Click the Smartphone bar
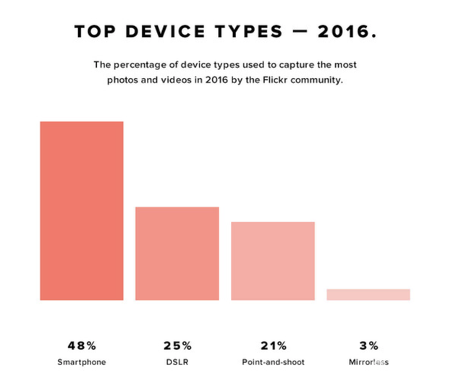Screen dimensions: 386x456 click(82, 210)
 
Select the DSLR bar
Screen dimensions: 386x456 click(177, 253)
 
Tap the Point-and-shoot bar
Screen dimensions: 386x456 click(273, 260)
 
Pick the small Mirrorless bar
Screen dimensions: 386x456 click(368, 294)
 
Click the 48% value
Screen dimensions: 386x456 click(82, 344)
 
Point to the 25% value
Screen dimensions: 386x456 click(177, 344)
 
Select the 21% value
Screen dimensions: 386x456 click(273, 344)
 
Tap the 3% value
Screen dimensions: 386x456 click(368, 344)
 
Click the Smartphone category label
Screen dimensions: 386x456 click(82, 361)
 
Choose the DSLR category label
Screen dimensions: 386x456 click(177, 361)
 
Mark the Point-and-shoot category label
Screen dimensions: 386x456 click(273, 361)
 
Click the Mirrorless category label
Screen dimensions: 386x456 click(368, 361)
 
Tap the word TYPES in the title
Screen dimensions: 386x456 click(243, 33)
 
